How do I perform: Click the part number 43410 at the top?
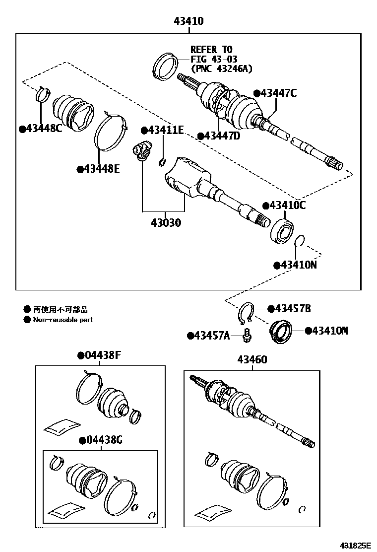click(x=188, y=21)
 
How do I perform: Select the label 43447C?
click(x=278, y=93)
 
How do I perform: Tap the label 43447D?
click(x=221, y=136)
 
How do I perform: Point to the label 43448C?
click(x=44, y=129)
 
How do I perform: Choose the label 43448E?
click(x=102, y=169)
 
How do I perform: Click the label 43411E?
click(x=166, y=130)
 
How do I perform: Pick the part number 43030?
click(x=162, y=223)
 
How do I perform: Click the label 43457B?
click(x=292, y=309)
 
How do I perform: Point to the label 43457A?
click(x=212, y=336)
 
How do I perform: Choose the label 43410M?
click(x=329, y=330)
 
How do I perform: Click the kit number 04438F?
click(x=103, y=355)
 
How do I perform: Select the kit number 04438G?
click(x=104, y=440)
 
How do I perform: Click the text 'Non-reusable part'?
click(x=63, y=320)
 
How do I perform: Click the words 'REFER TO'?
click(x=211, y=50)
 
